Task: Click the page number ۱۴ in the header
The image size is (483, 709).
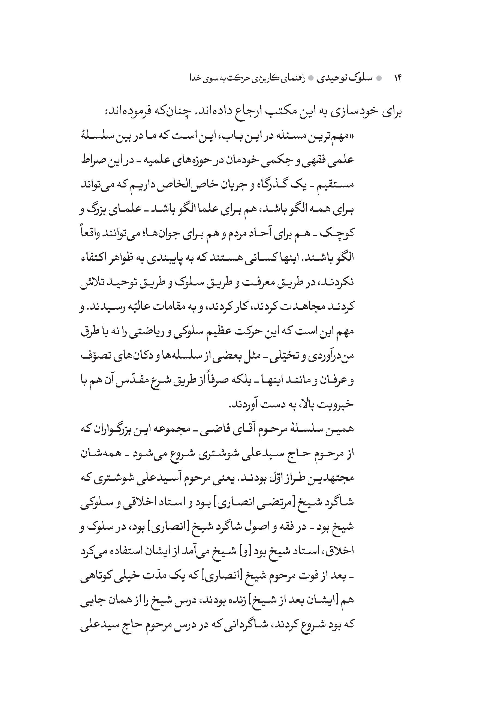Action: [398, 78]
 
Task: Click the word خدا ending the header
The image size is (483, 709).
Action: [197, 78]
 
